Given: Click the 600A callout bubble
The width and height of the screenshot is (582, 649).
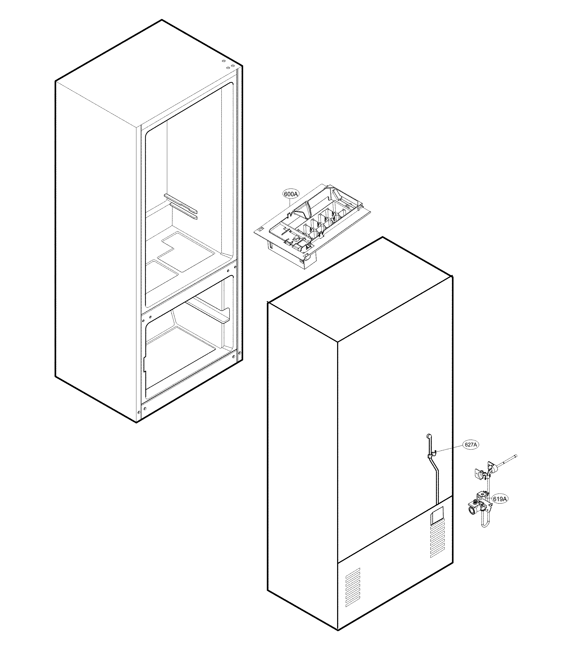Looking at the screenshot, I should (290, 194).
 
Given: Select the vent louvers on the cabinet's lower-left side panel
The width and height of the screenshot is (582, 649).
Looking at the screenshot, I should (353, 588).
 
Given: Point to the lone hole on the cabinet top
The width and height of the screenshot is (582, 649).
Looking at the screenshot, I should (223, 60).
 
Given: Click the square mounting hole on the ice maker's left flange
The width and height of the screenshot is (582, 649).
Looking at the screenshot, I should (261, 229).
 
